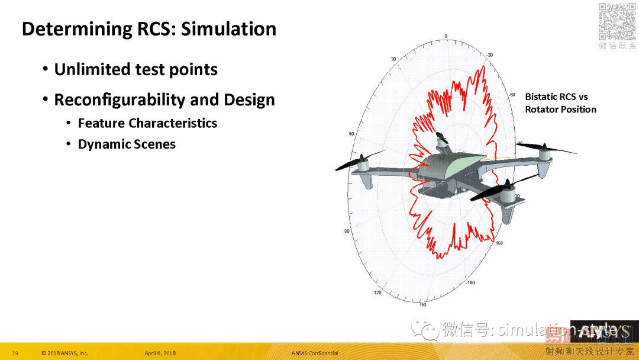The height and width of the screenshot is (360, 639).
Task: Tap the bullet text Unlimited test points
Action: pyautogui.click(x=135, y=70)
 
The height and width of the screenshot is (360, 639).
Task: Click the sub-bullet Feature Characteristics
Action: pyautogui.click(x=147, y=123)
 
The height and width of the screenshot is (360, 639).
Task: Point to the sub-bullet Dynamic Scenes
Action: pyautogui.click(x=127, y=144)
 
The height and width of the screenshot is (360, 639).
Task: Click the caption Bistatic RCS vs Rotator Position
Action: pyautogui.click(x=560, y=103)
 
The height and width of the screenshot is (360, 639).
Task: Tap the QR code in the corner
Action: pyautogui.click(x=617, y=21)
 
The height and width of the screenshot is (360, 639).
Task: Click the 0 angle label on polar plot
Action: pyautogui.click(x=446, y=36)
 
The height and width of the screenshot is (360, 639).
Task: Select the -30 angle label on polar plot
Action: pyautogui.click(x=489, y=55)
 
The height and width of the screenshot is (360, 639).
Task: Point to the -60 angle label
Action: pyautogui.click(x=512, y=95)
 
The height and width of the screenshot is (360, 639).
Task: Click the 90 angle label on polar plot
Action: pyautogui.click(x=347, y=231)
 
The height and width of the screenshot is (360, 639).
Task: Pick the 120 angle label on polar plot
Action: pyautogui.click(x=377, y=292)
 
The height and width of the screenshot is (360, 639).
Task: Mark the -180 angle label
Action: pyautogui.click(x=470, y=283)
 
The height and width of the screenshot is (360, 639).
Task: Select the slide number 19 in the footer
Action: pyautogui.click(x=15, y=353)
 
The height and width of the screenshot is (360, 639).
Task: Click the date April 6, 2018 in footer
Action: pyautogui.click(x=160, y=353)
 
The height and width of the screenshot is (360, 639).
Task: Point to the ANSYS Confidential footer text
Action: pyautogui.click(x=314, y=353)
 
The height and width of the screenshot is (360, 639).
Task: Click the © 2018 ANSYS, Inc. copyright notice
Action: pyautogui.click(x=64, y=353)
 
